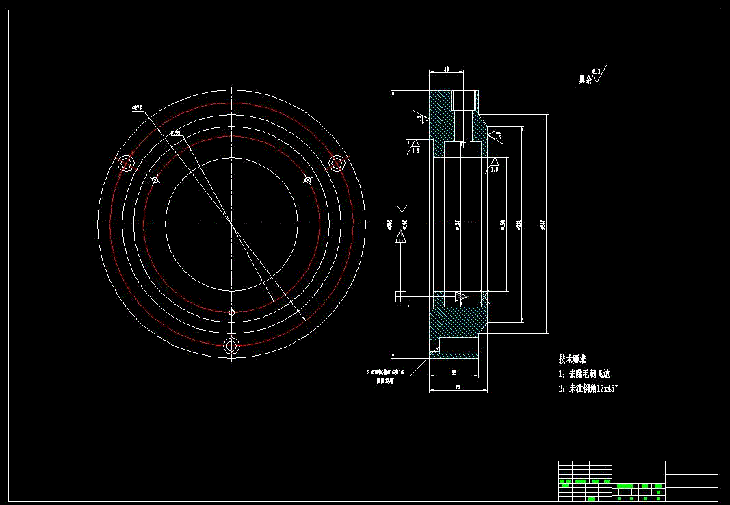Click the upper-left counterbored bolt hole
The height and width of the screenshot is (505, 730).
coord(126,163)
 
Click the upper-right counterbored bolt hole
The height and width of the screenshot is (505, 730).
coord(337,163)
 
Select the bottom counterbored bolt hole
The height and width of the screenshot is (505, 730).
coord(232,345)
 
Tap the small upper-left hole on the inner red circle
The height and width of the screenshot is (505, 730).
coord(155,180)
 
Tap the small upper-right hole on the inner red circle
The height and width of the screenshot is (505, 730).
coord(308,180)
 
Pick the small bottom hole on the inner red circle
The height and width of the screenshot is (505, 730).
coord(232,313)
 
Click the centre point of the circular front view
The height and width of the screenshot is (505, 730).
coord(232,224)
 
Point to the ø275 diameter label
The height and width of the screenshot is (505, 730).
coord(136,107)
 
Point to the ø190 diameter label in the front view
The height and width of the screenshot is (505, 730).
coord(175,133)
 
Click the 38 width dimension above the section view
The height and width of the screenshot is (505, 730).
coord(446,69)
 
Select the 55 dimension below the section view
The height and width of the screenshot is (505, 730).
coord(454,372)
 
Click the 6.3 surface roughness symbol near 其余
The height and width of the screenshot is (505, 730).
coord(597,73)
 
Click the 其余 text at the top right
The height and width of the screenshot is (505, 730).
coord(584,80)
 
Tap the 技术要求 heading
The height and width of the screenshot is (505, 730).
coord(573,359)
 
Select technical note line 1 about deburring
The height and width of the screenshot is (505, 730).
coord(584,374)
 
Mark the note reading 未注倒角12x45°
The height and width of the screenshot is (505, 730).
coord(588,389)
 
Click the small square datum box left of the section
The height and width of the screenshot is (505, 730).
coord(401,296)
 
